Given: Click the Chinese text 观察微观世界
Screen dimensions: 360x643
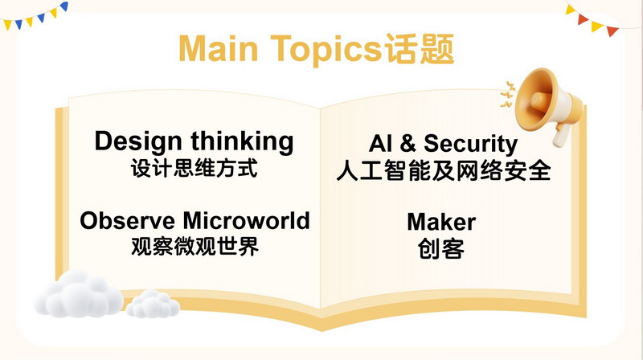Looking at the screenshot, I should point(195,247).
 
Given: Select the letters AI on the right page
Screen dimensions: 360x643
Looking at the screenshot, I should point(381,144).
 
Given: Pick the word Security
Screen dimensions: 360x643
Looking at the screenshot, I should point(470,144).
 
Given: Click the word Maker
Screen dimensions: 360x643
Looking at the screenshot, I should point(440,221).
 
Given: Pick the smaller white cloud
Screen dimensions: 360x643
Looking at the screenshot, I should point(153,303).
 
